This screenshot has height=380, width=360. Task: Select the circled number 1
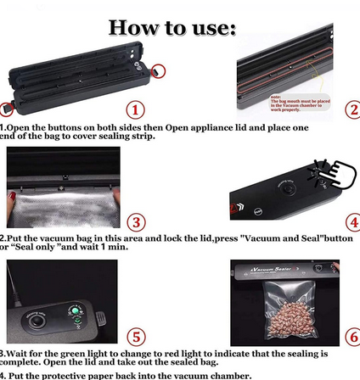(136, 109)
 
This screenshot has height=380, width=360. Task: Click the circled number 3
(134, 221)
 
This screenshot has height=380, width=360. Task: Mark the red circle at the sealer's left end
(7, 109)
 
